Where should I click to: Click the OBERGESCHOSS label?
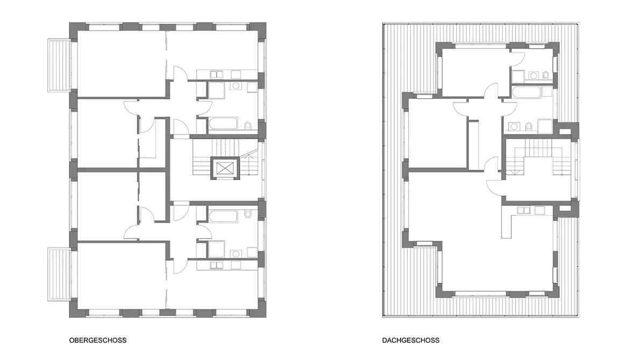click(x=97, y=340)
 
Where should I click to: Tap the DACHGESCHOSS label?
click(x=411, y=340)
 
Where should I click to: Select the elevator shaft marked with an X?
click(x=224, y=168)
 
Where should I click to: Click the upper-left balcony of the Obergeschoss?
click(x=59, y=65)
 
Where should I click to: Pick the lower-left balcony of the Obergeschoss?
click(x=59, y=274)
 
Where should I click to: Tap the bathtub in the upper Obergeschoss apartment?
click(x=223, y=124)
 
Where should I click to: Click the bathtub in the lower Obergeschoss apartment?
click(x=223, y=217)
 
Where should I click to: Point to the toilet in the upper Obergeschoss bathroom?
click(x=248, y=126)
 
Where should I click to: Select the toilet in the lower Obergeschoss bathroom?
click(x=248, y=214)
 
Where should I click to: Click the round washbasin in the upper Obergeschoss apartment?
click(x=236, y=86)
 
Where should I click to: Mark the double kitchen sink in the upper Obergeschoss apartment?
click(x=216, y=75)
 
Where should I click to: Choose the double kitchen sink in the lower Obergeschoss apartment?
click(x=216, y=265)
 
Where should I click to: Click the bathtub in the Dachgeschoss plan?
click(x=526, y=92)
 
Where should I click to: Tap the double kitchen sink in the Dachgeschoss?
click(x=524, y=210)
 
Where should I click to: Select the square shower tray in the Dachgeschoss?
click(x=545, y=126)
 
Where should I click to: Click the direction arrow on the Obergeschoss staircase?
click(x=247, y=155)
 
